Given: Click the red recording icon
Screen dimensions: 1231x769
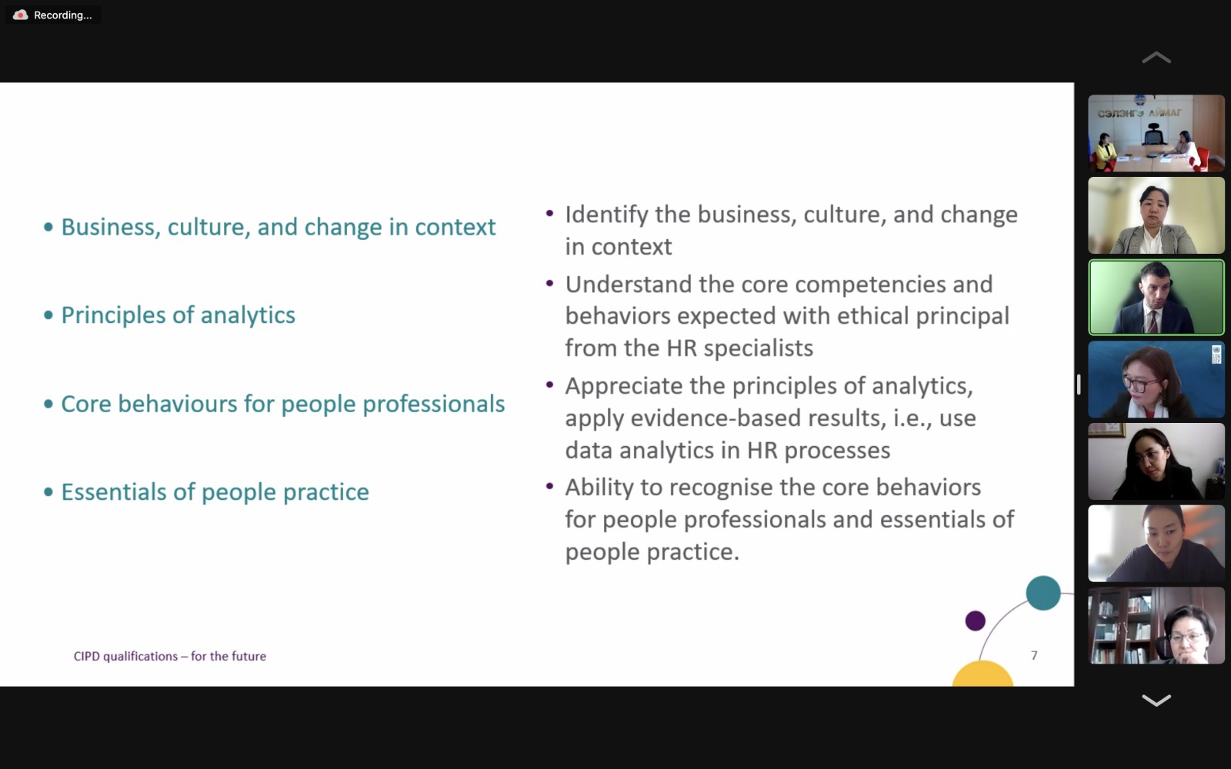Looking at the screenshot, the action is pyautogui.click(x=20, y=15).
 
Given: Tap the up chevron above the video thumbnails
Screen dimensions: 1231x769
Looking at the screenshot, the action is pyautogui.click(x=1156, y=58).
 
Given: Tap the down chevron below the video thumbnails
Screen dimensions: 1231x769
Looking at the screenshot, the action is pyautogui.click(x=1156, y=700).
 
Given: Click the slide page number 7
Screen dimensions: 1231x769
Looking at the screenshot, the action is pyautogui.click(x=1034, y=655).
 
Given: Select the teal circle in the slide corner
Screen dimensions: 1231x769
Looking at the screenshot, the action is pyautogui.click(x=1043, y=593).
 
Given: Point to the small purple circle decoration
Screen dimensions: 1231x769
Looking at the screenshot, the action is pyautogui.click(x=976, y=621).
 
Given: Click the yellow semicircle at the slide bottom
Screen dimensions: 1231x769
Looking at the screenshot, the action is pyautogui.click(x=982, y=674).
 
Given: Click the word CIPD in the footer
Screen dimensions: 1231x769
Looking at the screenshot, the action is pyautogui.click(x=87, y=656).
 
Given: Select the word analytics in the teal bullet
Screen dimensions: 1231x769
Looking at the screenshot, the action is pyautogui.click(x=248, y=315).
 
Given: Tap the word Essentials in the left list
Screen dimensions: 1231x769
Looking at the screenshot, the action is pyautogui.click(x=114, y=491).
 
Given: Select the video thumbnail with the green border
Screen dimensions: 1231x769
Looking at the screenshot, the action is pyautogui.click(x=1156, y=297).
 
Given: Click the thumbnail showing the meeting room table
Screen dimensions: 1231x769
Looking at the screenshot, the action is pyautogui.click(x=1156, y=133).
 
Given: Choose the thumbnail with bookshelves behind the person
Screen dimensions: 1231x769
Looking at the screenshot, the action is pyautogui.click(x=1156, y=626).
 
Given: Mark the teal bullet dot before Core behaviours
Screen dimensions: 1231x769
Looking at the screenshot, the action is pyautogui.click(x=48, y=404).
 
